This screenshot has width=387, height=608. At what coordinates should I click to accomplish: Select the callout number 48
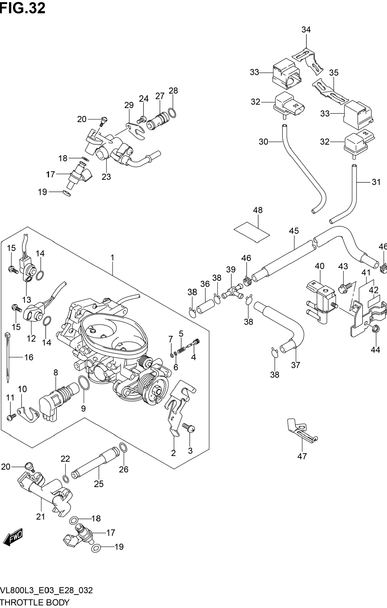tap(258, 210)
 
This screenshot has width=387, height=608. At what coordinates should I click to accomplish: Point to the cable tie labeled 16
tap(7, 357)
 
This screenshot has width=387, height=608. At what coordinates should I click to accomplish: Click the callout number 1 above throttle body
tap(112, 258)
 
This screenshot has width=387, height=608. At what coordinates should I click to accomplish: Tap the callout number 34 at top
tap(306, 30)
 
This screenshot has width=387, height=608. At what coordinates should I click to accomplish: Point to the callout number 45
tap(294, 231)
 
